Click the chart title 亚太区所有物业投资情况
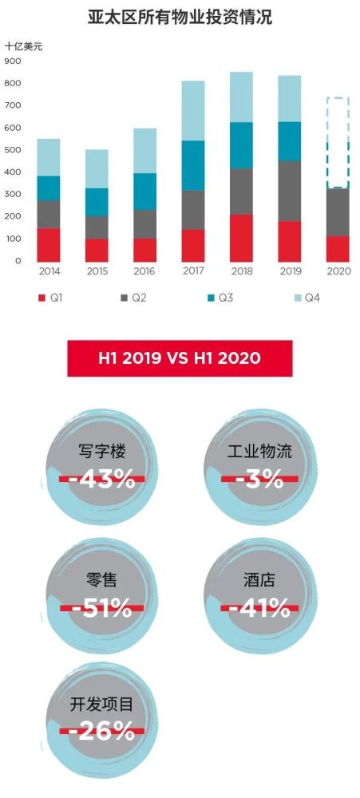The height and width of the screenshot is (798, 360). click(x=180, y=17)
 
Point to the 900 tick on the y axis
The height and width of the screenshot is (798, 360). click(x=13, y=61)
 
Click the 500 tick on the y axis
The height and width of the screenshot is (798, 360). click(x=13, y=150)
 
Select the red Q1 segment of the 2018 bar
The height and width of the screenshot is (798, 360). click(x=241, y=238)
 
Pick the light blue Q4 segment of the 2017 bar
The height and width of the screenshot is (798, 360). click(x=193, y=111)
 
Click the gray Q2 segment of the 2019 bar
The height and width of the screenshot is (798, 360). click(x=289, y=192)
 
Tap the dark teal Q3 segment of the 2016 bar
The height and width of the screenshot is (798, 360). click(x=145, y=192)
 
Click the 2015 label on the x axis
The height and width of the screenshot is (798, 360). click(x=97, y=272)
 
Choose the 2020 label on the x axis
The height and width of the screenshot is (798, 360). click(x=338, y=272)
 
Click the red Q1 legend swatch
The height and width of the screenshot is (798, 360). click(x=42, y=298)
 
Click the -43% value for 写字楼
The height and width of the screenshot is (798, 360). click(x=102, y=479)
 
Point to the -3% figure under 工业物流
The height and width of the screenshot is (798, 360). click(x=258, y=479)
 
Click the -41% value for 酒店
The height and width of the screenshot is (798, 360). click(x=257, y=608)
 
